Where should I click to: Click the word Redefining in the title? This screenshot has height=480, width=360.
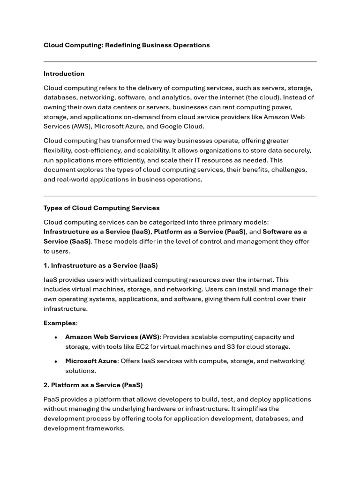click(x=122, y=45)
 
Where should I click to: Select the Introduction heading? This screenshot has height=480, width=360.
click(x=64, y=74)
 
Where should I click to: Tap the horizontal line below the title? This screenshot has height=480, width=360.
click(x=180, y=61)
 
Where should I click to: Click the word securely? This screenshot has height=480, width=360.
click(x=297, y=150)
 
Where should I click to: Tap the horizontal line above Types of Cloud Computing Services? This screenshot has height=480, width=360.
click(x=180, y=196)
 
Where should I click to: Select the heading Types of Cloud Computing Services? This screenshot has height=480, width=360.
click(x=102, y=208)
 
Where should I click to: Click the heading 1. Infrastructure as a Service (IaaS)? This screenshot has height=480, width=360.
click(x=101, y=265)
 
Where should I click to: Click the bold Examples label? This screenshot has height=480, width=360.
click(x=60, y=323)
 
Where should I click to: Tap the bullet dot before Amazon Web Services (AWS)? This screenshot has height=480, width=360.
click(x=56, y=337)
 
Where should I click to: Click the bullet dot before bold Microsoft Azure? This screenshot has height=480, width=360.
click(x=56, y=361)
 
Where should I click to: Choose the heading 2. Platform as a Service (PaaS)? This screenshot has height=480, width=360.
click(x=93, y=385)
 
